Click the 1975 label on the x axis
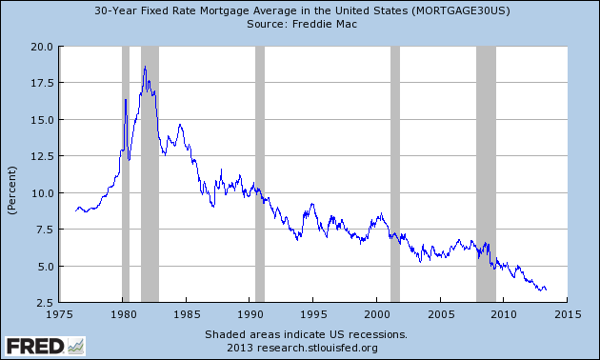click(x=60, y=314)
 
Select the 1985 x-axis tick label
click(x=187, y=314)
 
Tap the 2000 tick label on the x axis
click(x=377, y=314)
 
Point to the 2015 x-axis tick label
click(x=567, y=314)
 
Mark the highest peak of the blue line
click(x=145, y=67)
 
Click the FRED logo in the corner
click(x=44, y=344)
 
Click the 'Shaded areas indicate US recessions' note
click(x=306, y=334)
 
